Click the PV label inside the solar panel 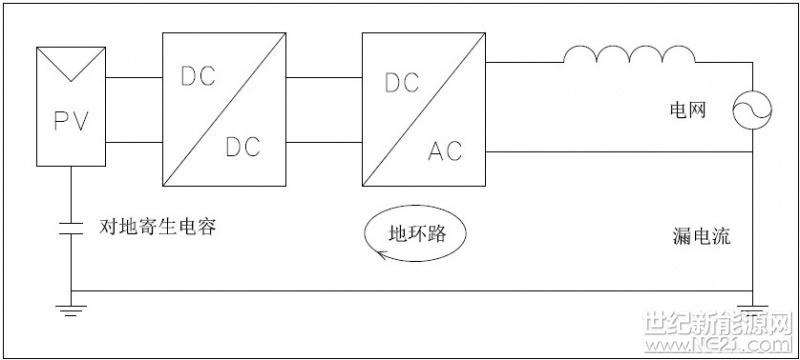point(70,121)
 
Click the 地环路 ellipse point(414,236)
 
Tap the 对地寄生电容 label point(159,227)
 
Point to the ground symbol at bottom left point(72,308)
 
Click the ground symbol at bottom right point(752,308)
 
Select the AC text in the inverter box point(447,151)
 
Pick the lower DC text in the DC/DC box point(242,146)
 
